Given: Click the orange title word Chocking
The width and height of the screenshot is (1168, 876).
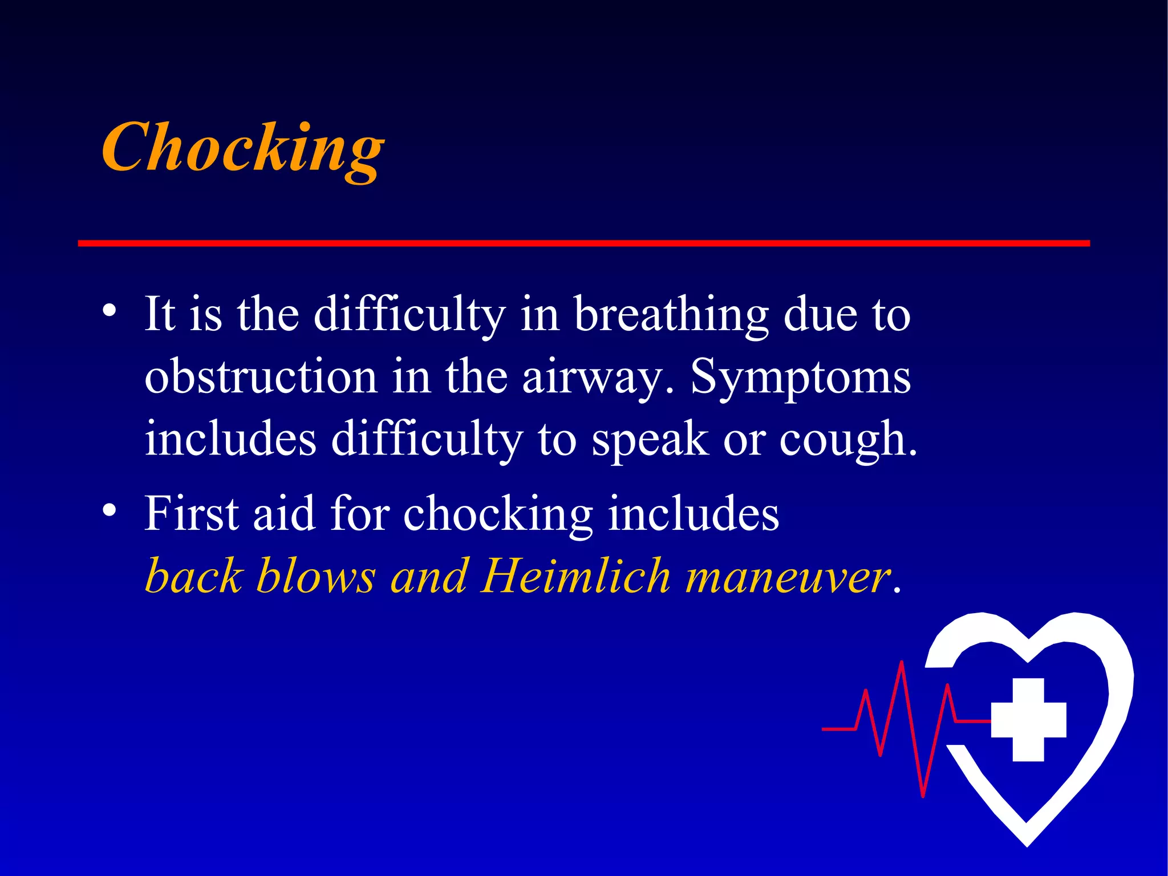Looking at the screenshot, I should click(x=243, y=148).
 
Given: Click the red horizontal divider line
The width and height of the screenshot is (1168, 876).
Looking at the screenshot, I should click(x=583, y=244).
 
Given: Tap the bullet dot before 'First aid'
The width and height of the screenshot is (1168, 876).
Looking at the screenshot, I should click(x=110, y=509).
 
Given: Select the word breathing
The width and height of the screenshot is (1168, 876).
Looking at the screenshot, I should click(x=671, y=315).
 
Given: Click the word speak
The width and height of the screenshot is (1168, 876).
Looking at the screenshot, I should click(x=650, y=440).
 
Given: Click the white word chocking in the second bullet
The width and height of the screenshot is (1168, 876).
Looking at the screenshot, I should click(x=498, y=514).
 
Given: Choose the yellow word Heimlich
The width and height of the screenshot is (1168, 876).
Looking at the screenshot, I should click(x=575, y=577).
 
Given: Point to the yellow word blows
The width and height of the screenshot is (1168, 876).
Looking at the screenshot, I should click(x=316, y=577).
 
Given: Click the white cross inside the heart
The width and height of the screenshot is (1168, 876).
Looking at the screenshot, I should click(x=1028, y=719).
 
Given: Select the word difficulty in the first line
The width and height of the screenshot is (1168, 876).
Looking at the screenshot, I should click(x=409, y=315).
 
